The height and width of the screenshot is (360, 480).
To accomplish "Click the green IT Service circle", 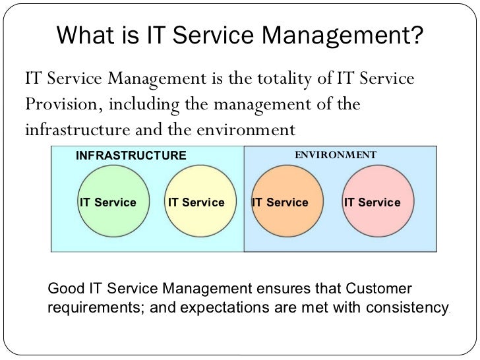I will point(107,202).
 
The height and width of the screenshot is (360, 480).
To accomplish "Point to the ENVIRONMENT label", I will point(335,155).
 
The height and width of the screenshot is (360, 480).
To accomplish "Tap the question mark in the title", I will point(416,37).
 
